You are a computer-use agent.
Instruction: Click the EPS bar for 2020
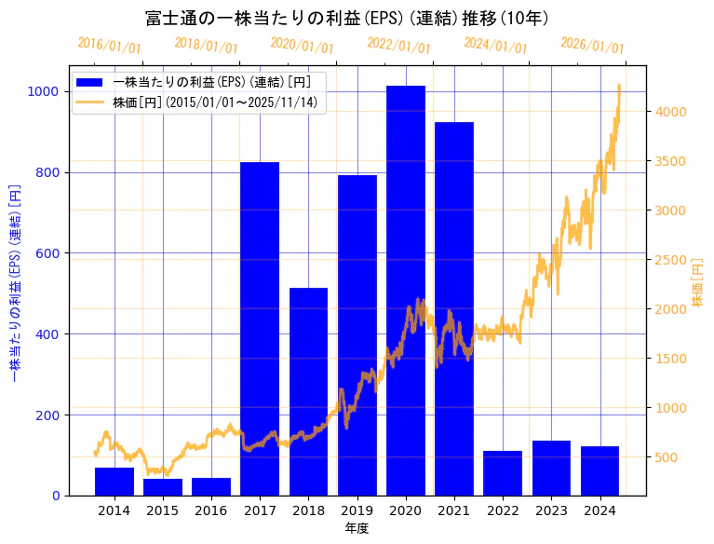click(406, 290)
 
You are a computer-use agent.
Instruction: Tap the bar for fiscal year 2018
click(308, 391)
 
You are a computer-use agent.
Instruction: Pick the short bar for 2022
click(503, 473)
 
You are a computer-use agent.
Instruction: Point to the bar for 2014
click(115, 482)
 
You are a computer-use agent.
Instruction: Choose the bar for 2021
click(454, 308)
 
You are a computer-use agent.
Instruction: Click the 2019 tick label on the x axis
click(357, 510)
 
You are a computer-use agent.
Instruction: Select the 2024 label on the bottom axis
click(600, 510)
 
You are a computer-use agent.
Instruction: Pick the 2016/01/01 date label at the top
click(109, 45)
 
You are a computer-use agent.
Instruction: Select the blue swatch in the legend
click(92, 82)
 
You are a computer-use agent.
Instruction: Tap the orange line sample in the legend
click(92, 102)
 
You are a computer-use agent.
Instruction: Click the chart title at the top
click(346, 19)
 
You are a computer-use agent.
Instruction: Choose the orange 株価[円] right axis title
click(698, 281)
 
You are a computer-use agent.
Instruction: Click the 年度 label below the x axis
click(357, 528)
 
